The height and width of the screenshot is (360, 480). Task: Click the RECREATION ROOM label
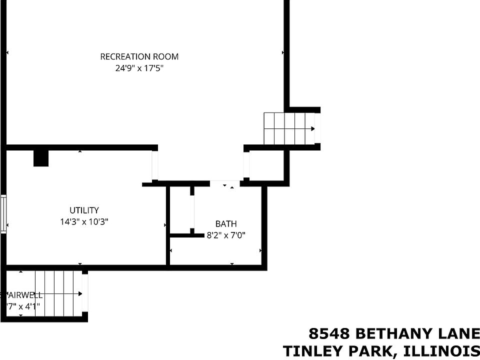[139, 56]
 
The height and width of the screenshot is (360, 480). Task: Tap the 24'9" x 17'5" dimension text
[139, 67]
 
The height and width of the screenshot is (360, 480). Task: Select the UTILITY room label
[84, 210]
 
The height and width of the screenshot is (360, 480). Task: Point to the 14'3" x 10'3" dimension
[84, 221]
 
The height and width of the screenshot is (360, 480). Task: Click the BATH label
[226, 224]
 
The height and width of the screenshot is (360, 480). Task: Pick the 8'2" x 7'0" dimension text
[226, 234]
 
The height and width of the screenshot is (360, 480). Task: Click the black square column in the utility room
[40, 158]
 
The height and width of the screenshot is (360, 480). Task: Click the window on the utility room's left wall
[3, 214]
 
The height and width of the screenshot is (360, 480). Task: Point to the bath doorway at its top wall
[224, 183]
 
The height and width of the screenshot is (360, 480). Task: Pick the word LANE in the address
[459, 333]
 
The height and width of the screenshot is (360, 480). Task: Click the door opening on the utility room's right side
[155, 165]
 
